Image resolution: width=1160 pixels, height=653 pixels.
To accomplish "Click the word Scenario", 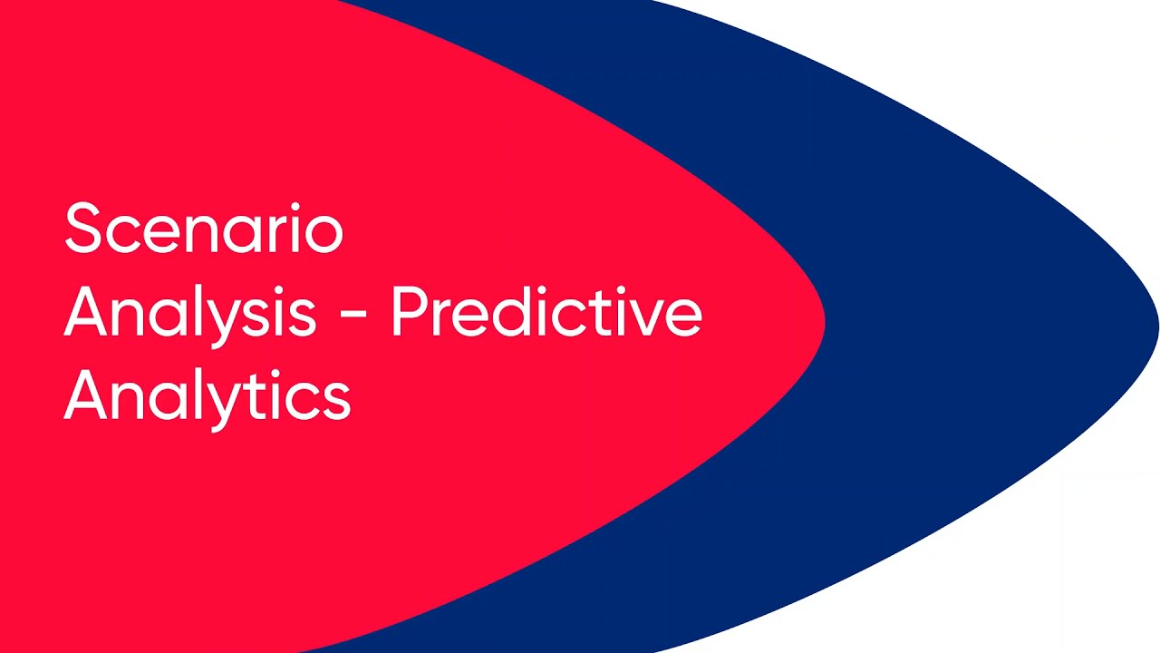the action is click(204, 228).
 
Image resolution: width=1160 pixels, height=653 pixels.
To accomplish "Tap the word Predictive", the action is click(546, 310).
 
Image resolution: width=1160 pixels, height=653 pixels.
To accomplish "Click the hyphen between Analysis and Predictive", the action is click(353, 314).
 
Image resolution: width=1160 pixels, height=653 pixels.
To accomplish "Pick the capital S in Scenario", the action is click(85, 228).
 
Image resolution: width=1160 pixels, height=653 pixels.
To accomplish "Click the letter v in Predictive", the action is click(645, 318).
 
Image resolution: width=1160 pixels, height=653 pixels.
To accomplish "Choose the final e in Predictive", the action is click(683, 318).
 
